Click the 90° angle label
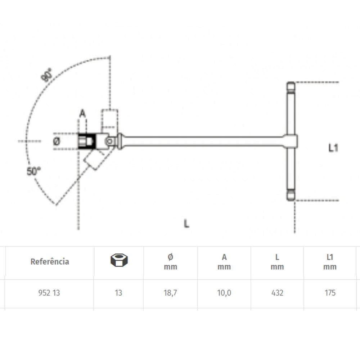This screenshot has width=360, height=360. [x=46, y=75]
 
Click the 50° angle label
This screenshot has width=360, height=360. [x=33, y=171]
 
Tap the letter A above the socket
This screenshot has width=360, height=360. [x=82, y=113]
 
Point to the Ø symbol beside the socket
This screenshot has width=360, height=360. [x=57, y=141]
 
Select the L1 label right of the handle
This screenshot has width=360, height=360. [x=333, y=148]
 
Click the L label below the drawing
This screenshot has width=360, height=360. [x=186, y=224]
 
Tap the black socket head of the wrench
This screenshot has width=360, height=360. [x=86, y=141]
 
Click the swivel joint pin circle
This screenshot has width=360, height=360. [x=110, y=141]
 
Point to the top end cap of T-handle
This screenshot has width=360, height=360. [x=291, y=86]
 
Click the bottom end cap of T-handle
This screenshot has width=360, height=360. [x=291, y=195]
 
